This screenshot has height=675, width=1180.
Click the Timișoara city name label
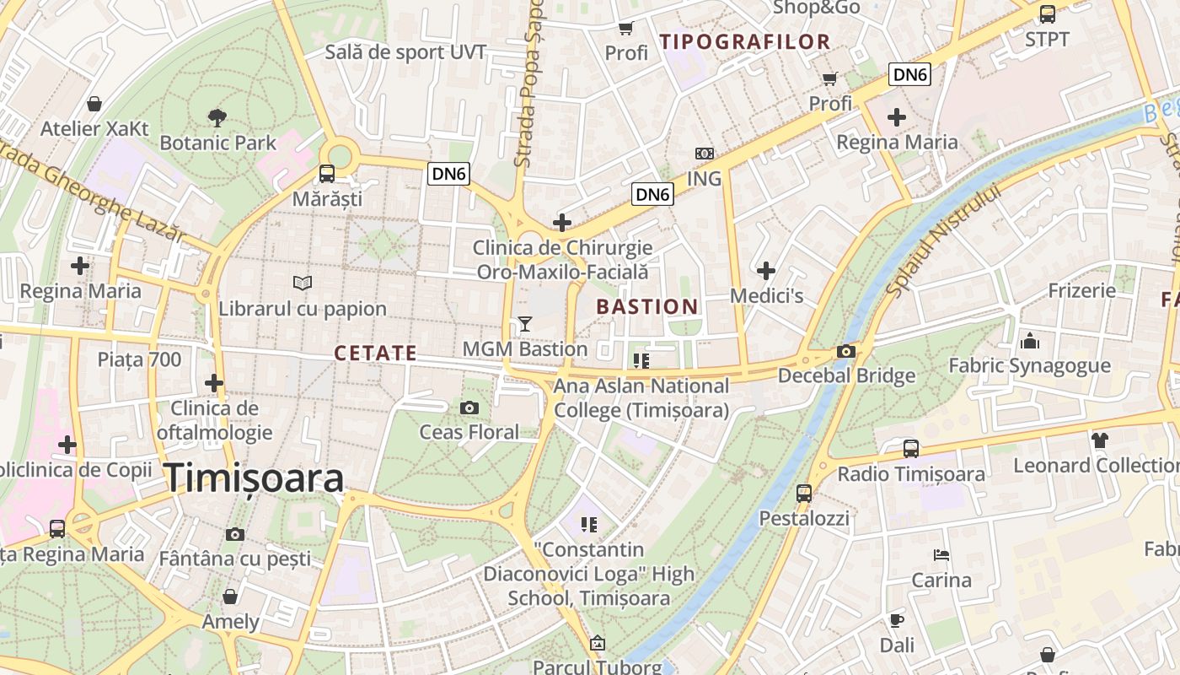click(254, 478)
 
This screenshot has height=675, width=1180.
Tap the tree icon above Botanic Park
click(217, 117)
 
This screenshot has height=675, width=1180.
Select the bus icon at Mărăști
click(326, 174)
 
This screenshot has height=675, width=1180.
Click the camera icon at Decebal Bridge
click(846, 351)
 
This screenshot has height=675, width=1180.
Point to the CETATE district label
click(375, 354)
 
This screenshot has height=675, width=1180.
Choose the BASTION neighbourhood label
click(647, 307)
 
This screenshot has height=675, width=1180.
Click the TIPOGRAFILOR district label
click(745, 41)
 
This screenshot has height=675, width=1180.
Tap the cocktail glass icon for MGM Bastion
click(525, 323)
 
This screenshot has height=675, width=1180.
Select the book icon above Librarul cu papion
click(302, 283)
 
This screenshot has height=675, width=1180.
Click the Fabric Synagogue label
click(1029, 366)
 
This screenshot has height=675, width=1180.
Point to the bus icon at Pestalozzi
click(804, 493)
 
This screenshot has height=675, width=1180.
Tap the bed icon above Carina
click(941, 555)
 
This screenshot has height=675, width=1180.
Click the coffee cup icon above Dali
click(897, 620)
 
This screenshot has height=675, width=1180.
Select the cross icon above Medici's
click(765, 271)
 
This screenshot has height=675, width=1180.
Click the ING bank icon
click(704, 154)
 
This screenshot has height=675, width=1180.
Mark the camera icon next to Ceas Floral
click(469, 408)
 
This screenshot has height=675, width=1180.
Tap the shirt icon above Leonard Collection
click(1099, 440)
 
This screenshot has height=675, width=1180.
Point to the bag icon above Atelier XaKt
click(94, 104)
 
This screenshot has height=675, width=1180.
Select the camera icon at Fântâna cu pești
click(235, 534)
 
